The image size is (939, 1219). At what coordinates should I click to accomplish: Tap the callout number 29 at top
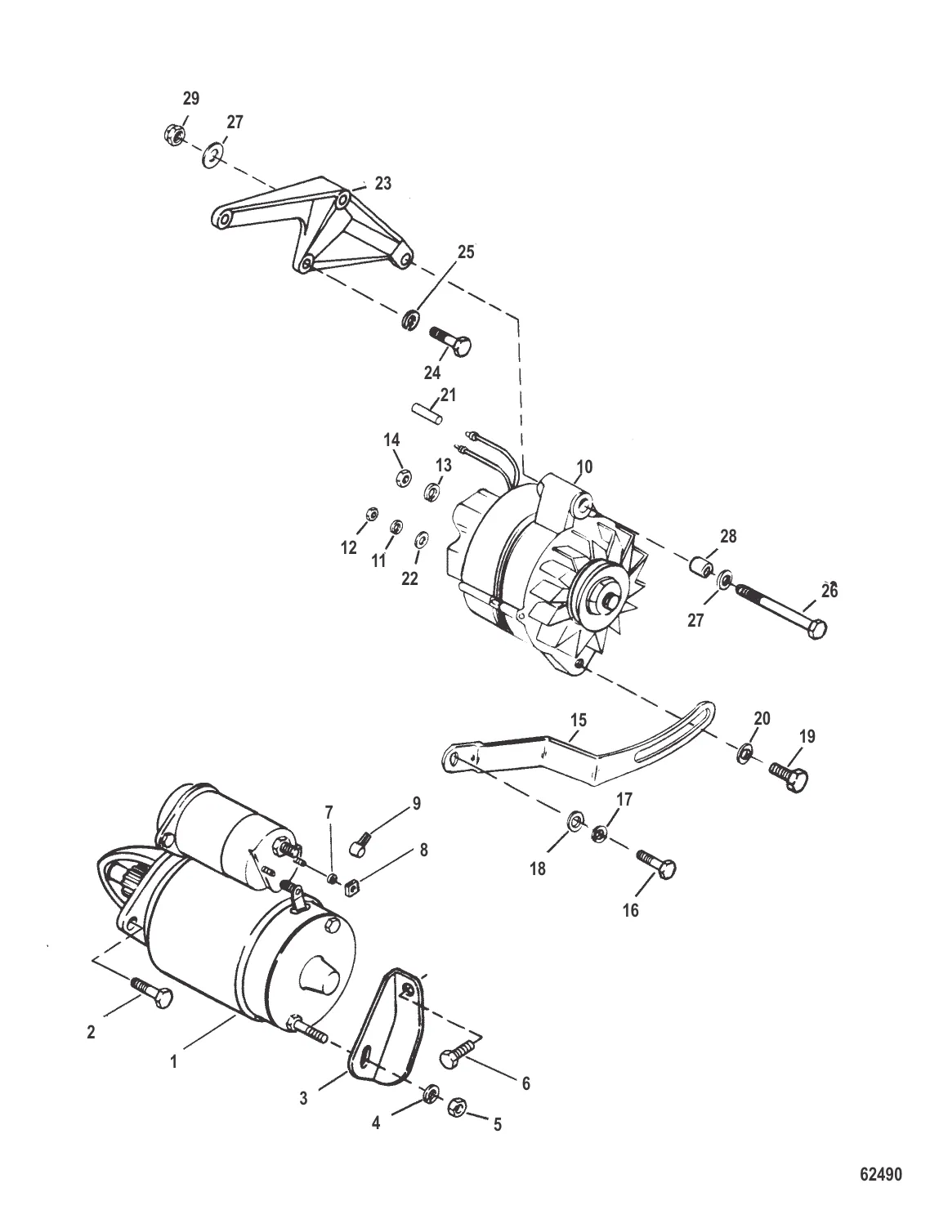[190, 99]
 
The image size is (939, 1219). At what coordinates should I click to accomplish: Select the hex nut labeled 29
[172, 132]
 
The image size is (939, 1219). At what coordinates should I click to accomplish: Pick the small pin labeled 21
[427, 410]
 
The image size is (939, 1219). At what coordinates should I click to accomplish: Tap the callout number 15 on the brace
[579, 720]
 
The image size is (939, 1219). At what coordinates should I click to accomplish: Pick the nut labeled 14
[401, 477]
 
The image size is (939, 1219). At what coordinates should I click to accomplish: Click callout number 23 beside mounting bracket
[383, 184]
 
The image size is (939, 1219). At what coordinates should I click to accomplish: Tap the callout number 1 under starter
[172, 1062]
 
